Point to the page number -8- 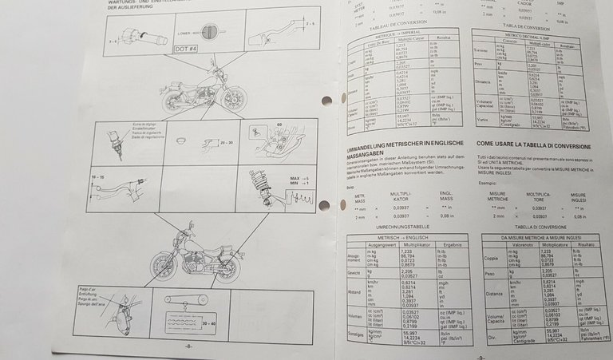[187, 346]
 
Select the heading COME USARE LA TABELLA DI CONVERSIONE [535, 144]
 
